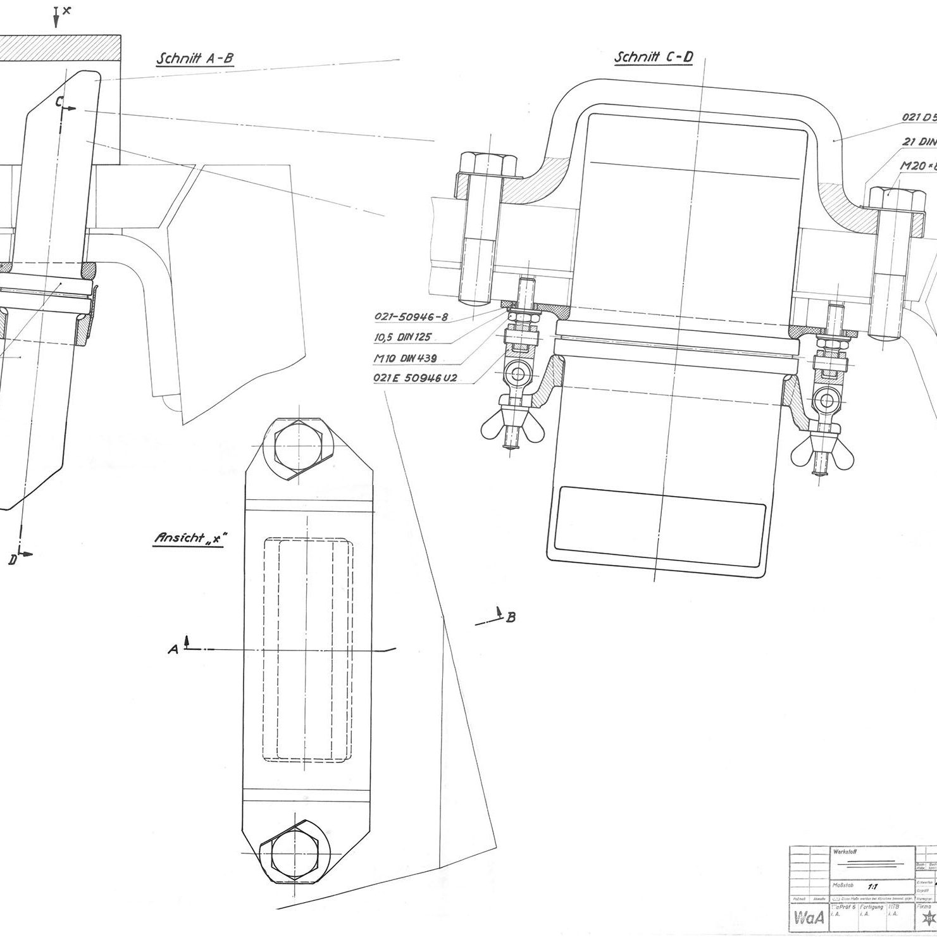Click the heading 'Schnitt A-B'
pyautogui.click(x=195, y=58)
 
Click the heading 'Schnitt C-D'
pyautogui.click(x=654, y=58)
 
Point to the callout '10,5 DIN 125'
pyautogui.click(x=402, y=337)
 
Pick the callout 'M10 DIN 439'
pyautogui.click(x=408, y=358)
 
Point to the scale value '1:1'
pyautogui.click(x=873, y=887)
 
